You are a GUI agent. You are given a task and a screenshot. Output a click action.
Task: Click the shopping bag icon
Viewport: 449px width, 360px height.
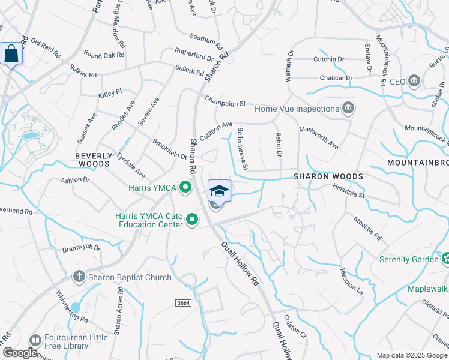click(11, 53)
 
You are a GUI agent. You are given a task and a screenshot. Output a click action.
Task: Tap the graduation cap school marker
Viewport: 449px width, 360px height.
click(219, 191)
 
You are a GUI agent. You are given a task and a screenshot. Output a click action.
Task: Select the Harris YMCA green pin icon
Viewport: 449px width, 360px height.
click(185, 188)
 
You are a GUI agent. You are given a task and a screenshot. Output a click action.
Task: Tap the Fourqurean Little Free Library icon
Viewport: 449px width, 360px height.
click(35, 340)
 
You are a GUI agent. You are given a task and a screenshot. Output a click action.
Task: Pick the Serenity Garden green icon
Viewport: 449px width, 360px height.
click(447, 259)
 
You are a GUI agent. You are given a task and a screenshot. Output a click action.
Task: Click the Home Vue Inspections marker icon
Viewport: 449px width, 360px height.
click(348, 109)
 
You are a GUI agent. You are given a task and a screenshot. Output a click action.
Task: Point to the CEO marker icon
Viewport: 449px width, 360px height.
click(414, 81)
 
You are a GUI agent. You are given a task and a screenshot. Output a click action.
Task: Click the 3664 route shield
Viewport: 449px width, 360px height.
click(184, 304)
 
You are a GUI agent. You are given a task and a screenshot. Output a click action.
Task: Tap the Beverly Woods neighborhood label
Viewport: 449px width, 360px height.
click(93, 159)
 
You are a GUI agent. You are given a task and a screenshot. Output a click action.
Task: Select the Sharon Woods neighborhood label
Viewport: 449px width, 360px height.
click(328, 176)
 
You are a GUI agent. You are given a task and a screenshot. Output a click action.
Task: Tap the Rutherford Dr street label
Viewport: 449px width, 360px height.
click(193, 54)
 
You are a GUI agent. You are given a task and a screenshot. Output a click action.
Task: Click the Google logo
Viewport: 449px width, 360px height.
click(20, 353)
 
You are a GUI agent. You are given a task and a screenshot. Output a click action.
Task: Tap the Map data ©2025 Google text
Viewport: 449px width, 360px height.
click(411, 355)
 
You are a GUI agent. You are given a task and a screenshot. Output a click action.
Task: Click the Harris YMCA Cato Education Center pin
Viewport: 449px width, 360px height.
click(193, 220)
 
